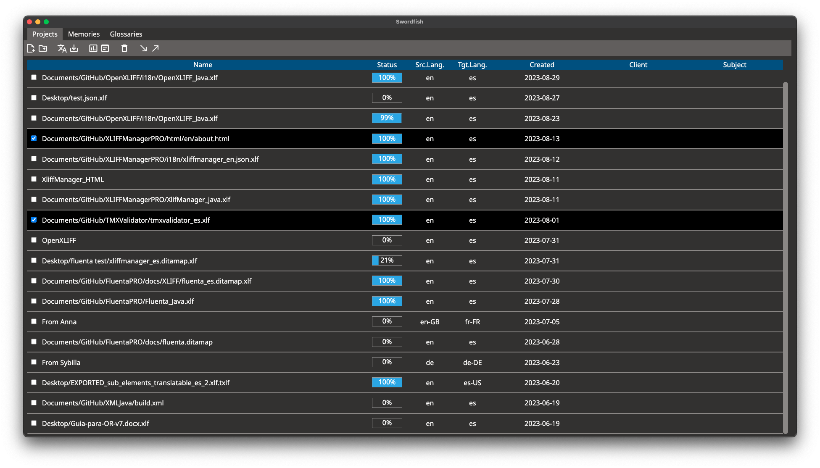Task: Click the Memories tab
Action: [84, 34]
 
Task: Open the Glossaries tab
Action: [126, 34]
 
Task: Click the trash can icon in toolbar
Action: [124, 48]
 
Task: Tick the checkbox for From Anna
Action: [34, 321]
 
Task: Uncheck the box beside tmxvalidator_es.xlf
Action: [34, 220]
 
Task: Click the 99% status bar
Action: [387, 118]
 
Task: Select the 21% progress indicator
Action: [387, 260]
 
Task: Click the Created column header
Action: [541, 65]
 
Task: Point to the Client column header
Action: [638, 65]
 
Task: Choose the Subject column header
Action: [734, 65]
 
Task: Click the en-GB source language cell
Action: [430, 322]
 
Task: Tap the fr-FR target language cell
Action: [472, 322]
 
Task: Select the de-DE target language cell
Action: [472, 363]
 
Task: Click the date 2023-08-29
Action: [542, 78]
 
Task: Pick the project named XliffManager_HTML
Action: [73, 179]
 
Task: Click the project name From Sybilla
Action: [61, 363]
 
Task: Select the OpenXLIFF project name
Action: [59, 240]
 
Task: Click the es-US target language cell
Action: [472, 383]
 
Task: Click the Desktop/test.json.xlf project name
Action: [74, 98]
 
